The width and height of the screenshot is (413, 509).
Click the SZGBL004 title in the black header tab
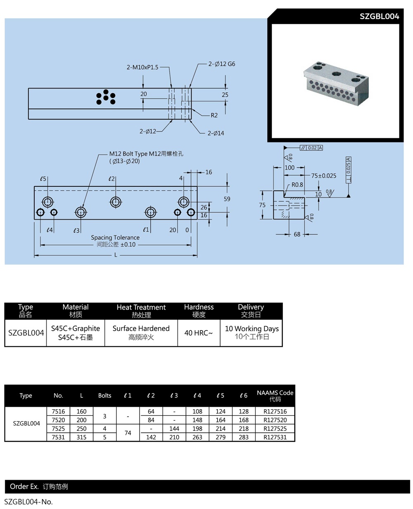pos(379,16)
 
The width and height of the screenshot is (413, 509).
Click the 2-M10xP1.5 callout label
pos(142,67)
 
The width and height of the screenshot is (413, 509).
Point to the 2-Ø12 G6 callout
pos(222,64)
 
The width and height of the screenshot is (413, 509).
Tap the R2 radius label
pos(214,115)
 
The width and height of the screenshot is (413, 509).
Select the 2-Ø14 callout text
pos(216,133)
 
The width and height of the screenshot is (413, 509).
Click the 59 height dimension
pos(227,199)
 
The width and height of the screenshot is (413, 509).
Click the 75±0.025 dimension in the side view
pos(323,176)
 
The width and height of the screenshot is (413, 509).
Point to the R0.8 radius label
pos(297,185)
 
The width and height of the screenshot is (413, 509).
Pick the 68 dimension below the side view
pos(297,234)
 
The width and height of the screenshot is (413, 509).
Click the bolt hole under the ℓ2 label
pos(116,202)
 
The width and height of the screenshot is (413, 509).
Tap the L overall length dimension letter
pos(116,255)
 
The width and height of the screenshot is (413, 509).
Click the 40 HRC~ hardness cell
pos(199,333)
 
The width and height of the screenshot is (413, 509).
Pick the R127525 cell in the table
pos(275,429)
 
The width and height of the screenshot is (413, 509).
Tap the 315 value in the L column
pos(81,437)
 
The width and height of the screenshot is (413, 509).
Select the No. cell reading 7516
pos(58,411)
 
